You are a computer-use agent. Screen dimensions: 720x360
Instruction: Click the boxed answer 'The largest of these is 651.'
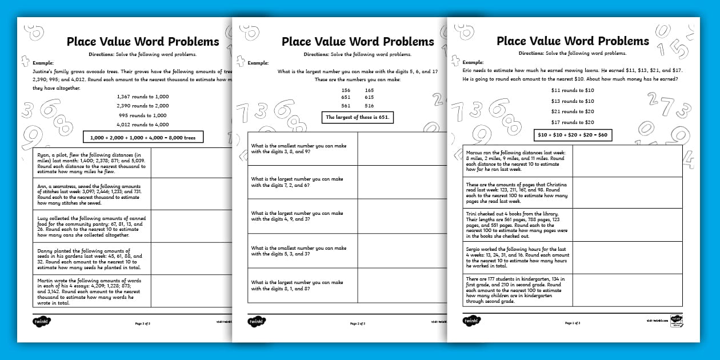[358, 118]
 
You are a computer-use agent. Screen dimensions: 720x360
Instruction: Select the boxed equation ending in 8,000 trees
[143, 138]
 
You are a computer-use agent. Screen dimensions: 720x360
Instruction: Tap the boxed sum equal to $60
[573, 135]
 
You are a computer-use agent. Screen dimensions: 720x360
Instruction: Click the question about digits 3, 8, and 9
[298, 149]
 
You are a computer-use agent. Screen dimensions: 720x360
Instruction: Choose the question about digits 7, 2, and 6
[298, 182]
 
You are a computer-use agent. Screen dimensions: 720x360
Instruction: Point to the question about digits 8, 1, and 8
[298, 285]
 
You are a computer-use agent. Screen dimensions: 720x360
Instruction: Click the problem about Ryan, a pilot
[91, 165]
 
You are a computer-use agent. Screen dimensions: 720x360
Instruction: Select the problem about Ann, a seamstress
[91, 195]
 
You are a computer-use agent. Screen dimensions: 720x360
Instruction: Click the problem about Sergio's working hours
[517, 258]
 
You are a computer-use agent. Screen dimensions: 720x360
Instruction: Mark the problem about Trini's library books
[517, 225]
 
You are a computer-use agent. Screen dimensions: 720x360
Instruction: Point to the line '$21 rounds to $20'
[573, 111]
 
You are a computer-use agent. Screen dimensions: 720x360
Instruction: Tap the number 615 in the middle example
[369, 98]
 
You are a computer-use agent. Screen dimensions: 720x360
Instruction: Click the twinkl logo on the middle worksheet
[255, 322]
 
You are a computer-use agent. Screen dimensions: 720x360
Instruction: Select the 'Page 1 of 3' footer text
[572, 323]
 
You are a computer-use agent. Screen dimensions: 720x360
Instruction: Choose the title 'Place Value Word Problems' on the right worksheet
[573, 41]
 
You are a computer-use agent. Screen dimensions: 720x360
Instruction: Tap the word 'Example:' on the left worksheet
[43, 62]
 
